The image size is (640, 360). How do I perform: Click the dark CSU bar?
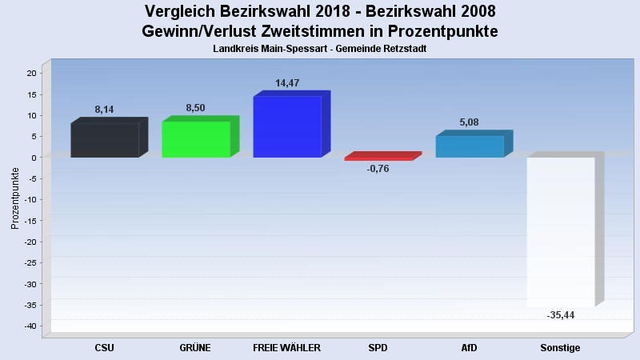pos(105,140)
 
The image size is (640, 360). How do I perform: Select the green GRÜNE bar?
pos(196,139)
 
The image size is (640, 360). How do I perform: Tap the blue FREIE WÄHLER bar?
pos(286,126)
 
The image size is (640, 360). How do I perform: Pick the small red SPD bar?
pos(378,158)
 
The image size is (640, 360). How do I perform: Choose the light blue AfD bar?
pos(470,146)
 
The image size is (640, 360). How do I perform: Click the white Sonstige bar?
pos(561,232)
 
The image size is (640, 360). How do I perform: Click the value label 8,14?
pos(105,110)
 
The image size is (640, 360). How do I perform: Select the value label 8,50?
pos(195,108)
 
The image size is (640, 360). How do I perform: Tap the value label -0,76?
pos(378,169)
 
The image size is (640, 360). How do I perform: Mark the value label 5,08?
pos(469,122)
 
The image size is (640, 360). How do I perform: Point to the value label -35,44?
pos(561,315)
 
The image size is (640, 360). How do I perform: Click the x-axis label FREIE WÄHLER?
pos(286,348)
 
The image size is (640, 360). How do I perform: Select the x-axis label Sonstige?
pos(560,348)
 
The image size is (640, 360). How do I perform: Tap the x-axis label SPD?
pos(378,348)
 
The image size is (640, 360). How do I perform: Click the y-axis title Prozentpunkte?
pos(15,198)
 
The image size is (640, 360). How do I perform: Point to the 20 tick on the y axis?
pos(31,73)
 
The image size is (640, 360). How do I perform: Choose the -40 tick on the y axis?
pos(29,326)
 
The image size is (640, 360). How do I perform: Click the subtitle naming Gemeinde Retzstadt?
pos(319,49)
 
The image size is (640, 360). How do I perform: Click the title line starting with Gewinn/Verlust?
pos(319,31)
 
